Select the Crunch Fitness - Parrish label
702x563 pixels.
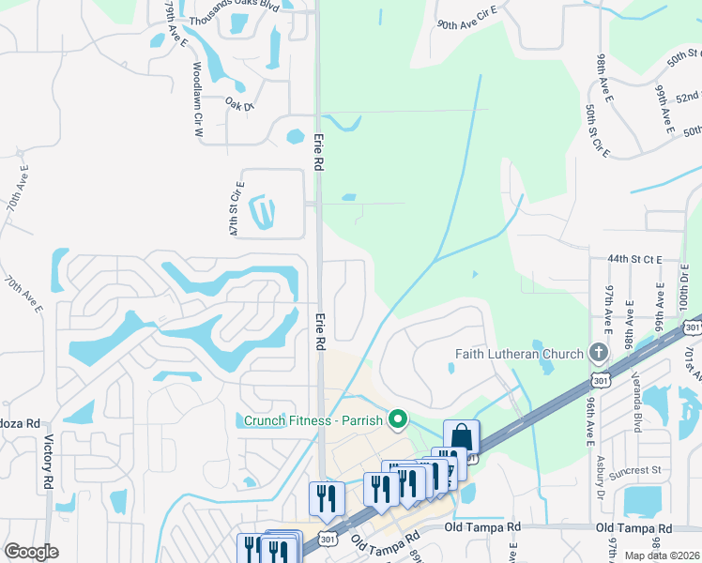click(x=314, y=419)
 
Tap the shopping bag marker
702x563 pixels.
click(x=461, y=437)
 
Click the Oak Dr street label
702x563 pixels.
click(x=239, y=105)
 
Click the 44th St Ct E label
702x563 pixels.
click(x=634, y=258)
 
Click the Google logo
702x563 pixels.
click(x=31, y=551)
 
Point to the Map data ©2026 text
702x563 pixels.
click(x=663, y=555)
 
